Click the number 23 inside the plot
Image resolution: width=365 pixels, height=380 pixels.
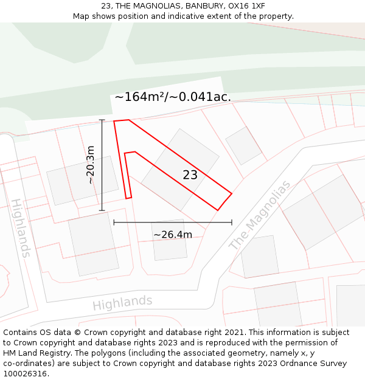[190, 175]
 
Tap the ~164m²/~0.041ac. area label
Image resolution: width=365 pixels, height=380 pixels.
[172, 97]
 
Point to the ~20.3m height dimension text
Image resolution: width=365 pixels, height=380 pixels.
[90, 164]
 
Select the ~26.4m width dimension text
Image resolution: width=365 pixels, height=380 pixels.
[172, 235]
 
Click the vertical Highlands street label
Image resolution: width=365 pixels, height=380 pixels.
[20, 227]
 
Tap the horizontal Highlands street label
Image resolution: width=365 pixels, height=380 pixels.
[122, 303]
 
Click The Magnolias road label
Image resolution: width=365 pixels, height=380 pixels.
[260, 215]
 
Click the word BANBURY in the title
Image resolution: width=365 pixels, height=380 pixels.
[205, 6]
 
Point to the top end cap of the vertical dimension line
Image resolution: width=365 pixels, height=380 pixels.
[102, 120]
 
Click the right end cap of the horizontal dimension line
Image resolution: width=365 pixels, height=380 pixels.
[232, 223]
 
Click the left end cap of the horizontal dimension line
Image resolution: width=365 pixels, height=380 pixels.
[114, 223]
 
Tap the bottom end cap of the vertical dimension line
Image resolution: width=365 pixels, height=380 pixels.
[102, 210]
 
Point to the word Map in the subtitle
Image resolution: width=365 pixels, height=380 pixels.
[82, 16]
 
